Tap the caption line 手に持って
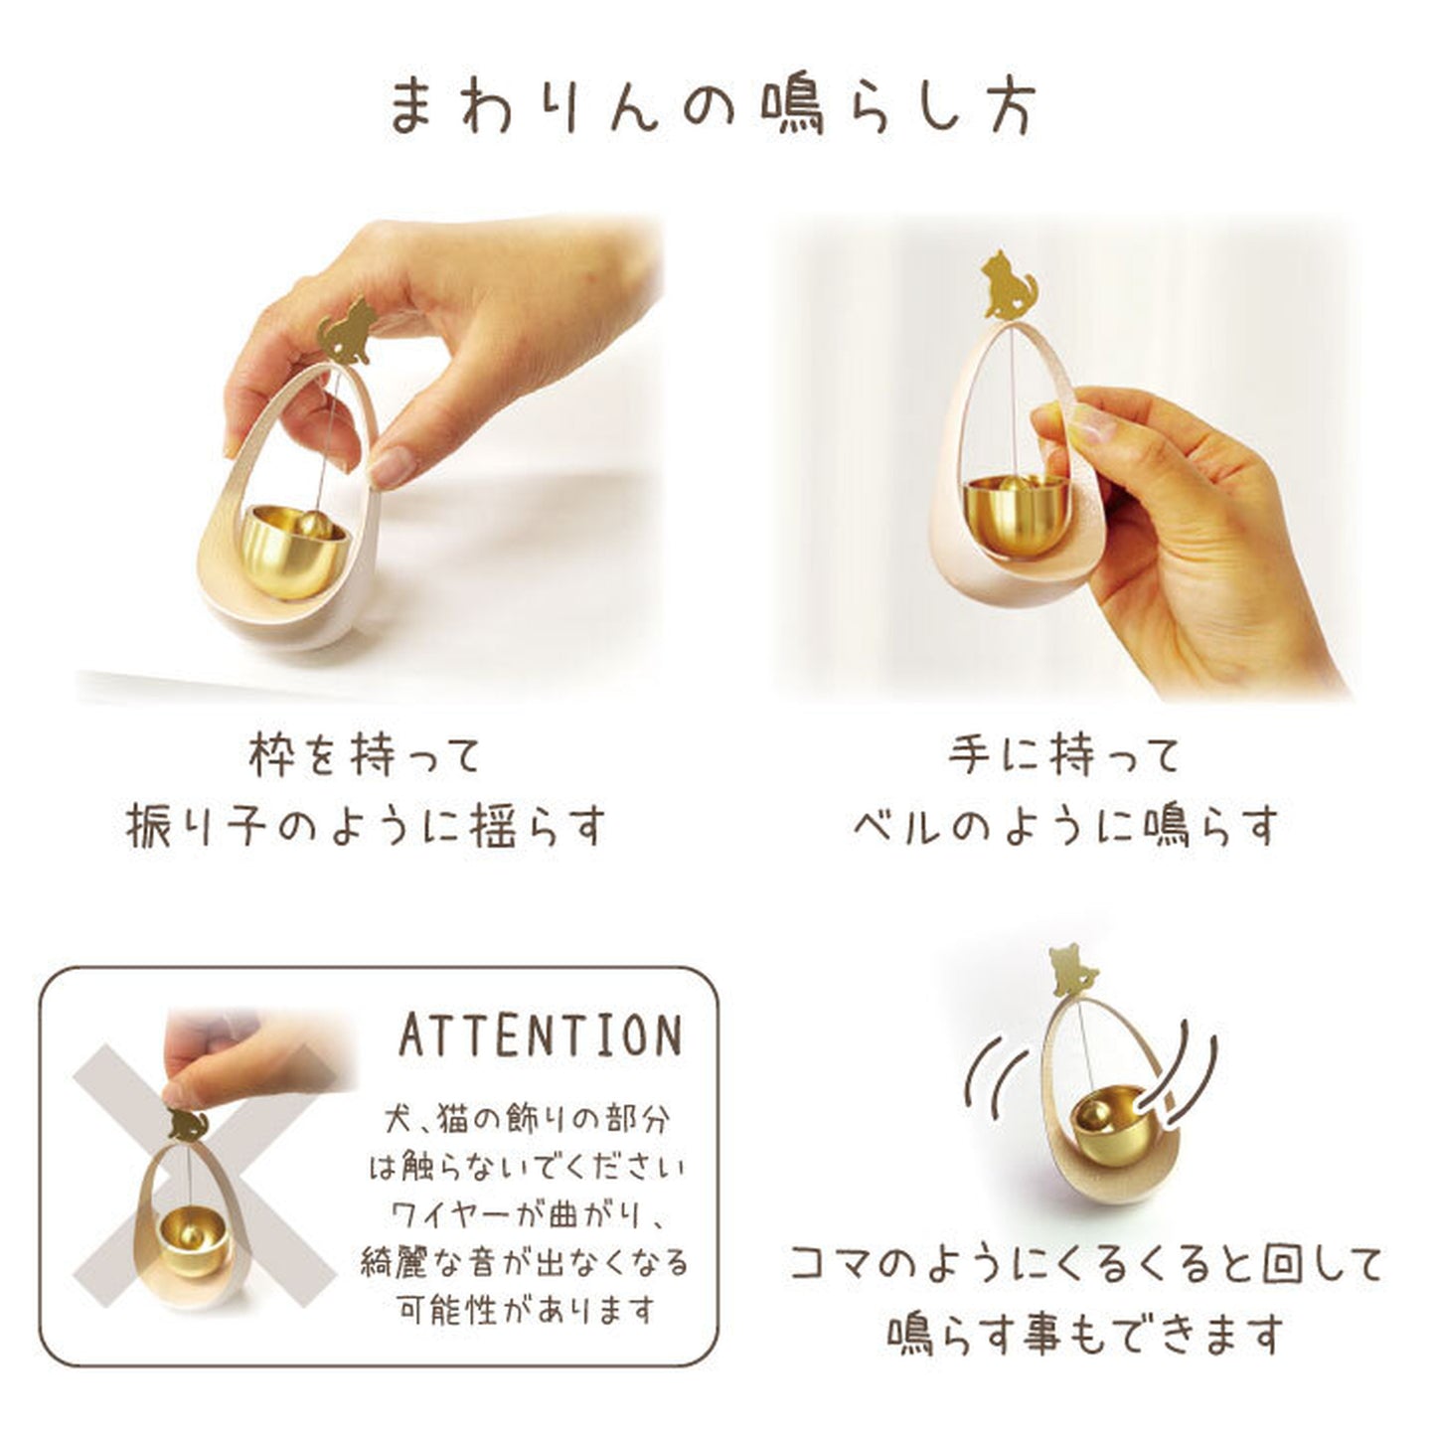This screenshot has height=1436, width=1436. [1063, 757]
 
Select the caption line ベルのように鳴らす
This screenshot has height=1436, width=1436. [1063, 828]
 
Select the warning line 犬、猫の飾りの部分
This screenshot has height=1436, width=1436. [527, 1120]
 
